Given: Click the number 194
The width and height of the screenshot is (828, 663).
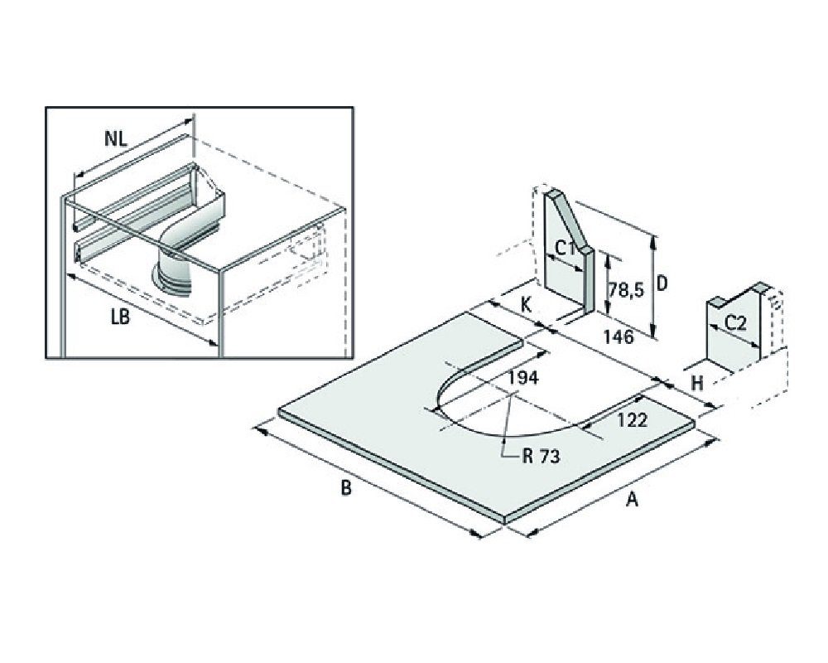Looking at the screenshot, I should [x=523, y=377].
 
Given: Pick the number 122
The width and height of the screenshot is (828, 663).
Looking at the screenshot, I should [x=633, y=419].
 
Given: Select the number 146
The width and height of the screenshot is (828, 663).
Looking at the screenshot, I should [x=618, y=336].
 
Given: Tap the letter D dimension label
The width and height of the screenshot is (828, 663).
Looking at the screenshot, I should [x=662, y=283].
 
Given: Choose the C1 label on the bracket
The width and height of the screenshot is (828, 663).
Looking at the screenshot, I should [x=566, y=248].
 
